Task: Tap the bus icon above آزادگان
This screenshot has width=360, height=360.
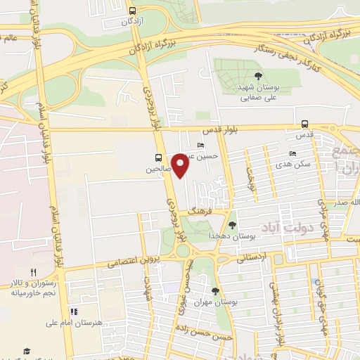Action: tap(133, 11)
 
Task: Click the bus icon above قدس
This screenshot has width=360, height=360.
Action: tap(304, 123)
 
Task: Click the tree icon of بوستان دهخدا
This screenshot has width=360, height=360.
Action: tap(232, 224)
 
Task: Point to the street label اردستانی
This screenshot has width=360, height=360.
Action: tap(254, 257)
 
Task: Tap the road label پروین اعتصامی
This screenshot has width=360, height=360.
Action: tap(135, 262)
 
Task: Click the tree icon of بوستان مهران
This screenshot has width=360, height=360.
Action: tap(215, 290)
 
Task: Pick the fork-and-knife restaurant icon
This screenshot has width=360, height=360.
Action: tap(33, 272)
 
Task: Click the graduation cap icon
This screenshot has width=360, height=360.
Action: tap(27, 351)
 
